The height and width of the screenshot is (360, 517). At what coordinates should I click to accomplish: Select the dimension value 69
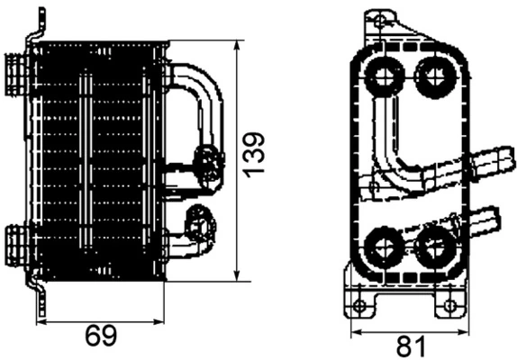point(101,336)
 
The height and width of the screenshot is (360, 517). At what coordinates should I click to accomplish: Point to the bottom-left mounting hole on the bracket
point(360,306)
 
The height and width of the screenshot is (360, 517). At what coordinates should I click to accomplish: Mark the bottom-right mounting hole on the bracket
point(449,306)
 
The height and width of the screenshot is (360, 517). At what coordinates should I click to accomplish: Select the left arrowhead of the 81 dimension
point(354,330)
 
